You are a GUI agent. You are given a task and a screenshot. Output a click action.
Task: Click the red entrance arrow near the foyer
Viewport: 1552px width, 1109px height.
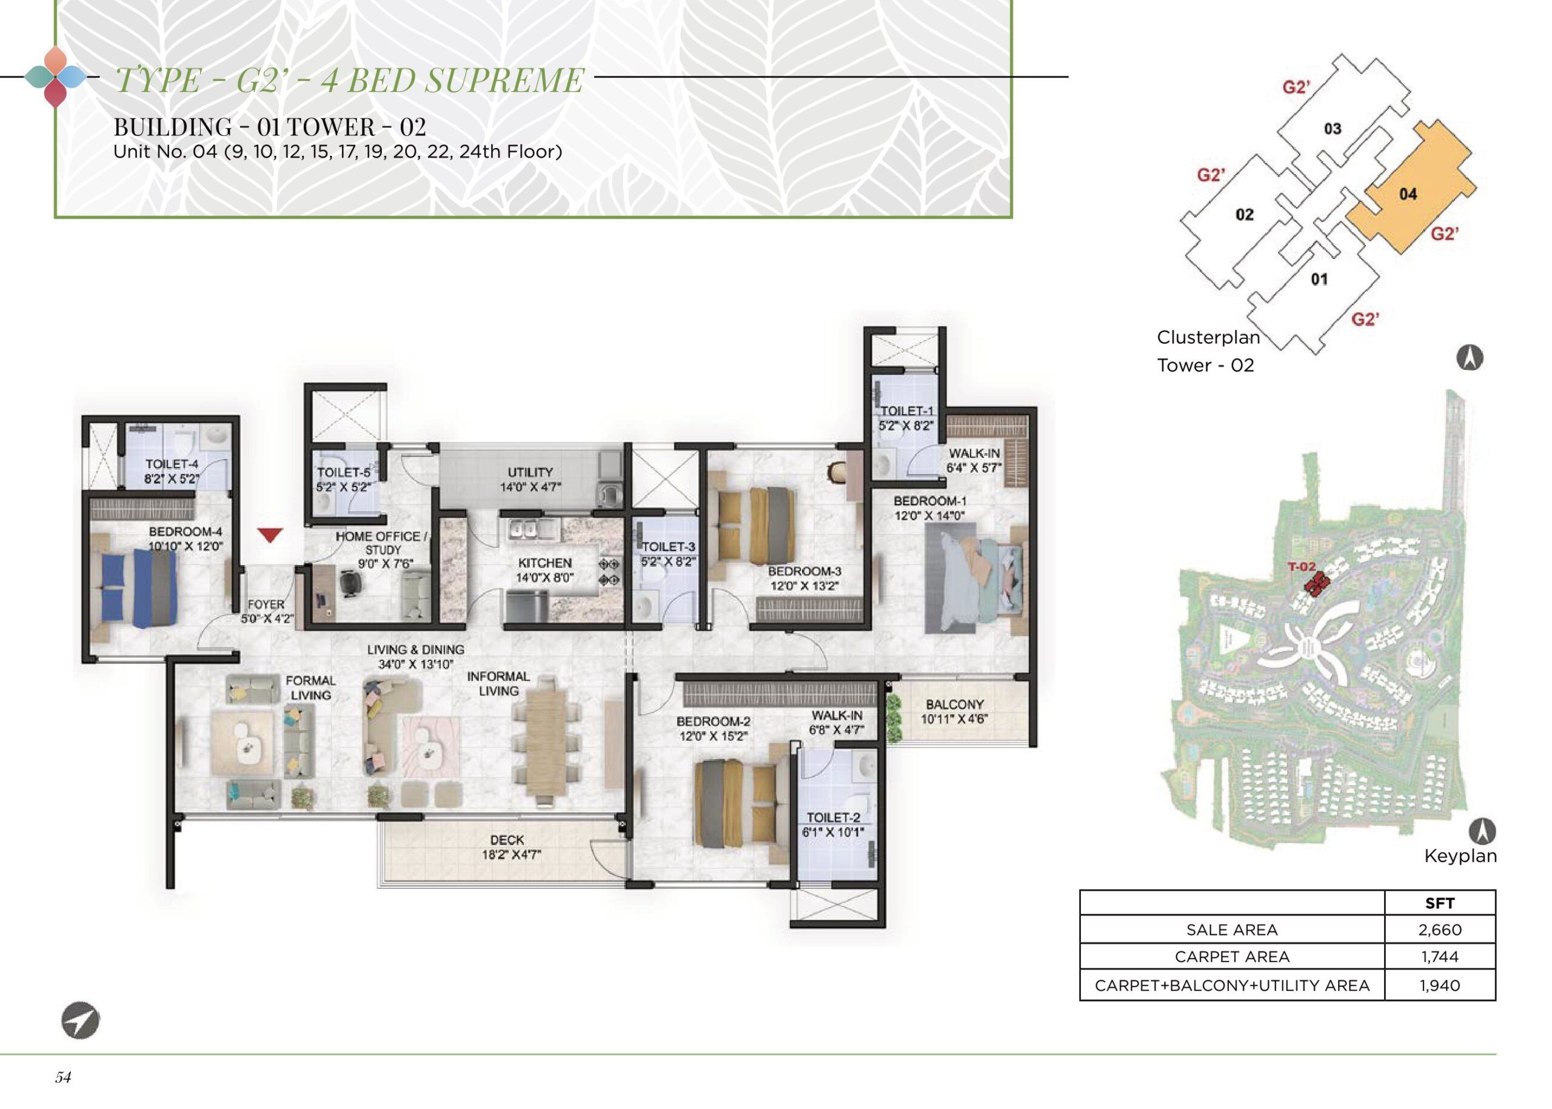coord(271,535)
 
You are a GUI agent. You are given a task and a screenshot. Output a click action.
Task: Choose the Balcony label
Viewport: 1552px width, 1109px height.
coord(955,704)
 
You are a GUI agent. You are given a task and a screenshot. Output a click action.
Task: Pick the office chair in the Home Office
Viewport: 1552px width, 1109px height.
coord(350,583)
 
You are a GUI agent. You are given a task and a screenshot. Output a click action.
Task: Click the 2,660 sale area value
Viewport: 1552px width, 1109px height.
coord(1439,930)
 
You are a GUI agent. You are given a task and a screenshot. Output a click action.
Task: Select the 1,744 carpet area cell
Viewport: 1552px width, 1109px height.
coord(1439,957)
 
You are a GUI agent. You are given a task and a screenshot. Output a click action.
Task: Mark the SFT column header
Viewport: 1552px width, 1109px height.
coord(1439,903)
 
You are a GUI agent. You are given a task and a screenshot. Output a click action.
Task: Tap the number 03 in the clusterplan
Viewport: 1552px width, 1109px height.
coord(1332,129)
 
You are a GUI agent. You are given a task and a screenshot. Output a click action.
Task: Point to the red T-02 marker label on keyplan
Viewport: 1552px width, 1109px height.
coord(1301,566)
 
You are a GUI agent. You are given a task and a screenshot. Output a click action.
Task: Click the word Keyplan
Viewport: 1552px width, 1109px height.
coord(1460,856)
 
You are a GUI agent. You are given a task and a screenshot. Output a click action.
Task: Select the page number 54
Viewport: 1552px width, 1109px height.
coord(63,1077)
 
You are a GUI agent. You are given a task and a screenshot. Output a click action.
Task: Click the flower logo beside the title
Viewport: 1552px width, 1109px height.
coord(55,77)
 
